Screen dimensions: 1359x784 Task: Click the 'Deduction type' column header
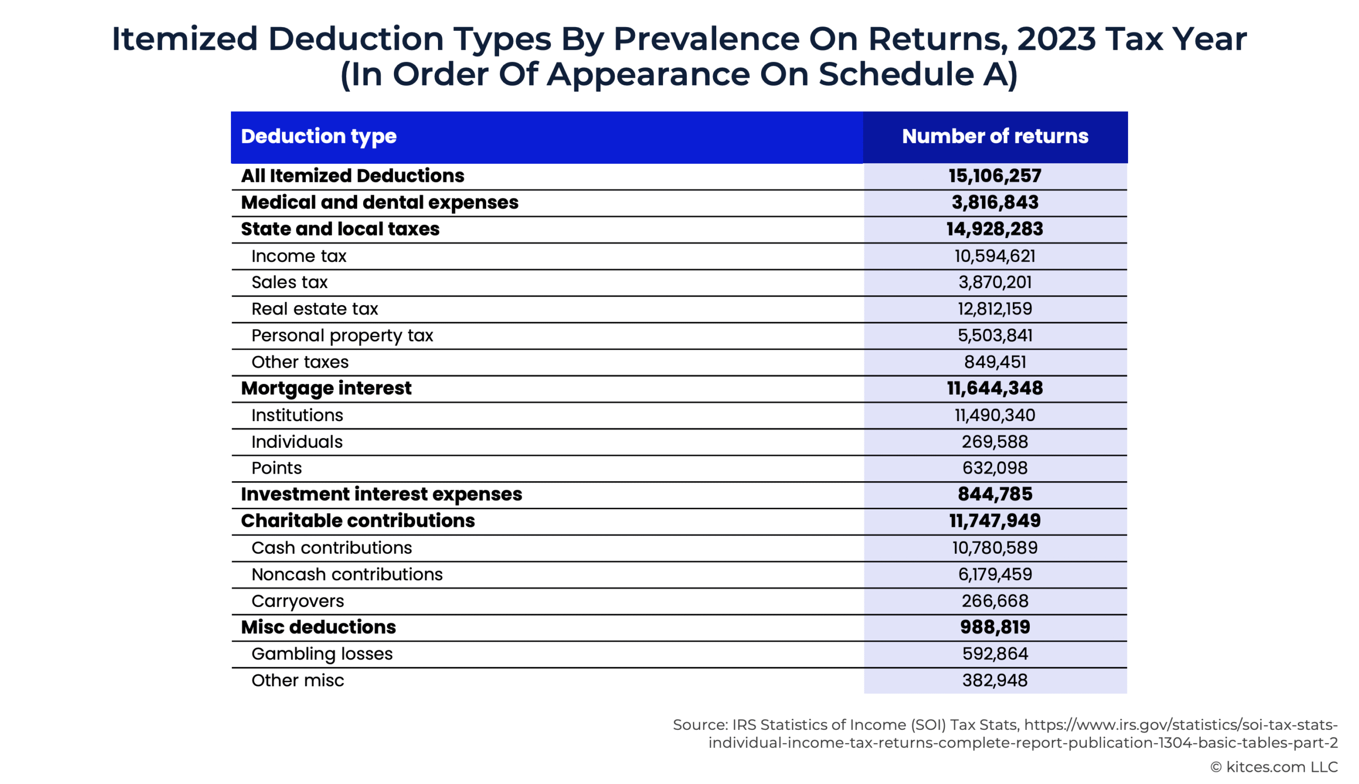pyautogui.click(x=319, y=137)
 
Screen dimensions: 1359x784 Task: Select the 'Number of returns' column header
pyautogui.click(x=995, y=136)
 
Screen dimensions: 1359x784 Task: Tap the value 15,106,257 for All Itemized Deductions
pyautogui.click(x=995, y=176)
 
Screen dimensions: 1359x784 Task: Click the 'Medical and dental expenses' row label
pyautogui.click(x=380, y=203)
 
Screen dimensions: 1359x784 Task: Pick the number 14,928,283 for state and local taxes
pyautogui.click(x=995, y=229)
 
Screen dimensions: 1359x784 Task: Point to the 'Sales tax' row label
pyautogui.click(x=289, y=282)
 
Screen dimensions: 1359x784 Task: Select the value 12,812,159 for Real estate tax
pyautogui.click(x=995, y=309)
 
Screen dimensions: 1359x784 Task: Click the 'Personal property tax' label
pyautogui.click(x=342, y=335)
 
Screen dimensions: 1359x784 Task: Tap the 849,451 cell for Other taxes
pyautogui.click(x=995, y=362)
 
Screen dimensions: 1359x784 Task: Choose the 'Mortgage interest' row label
pyautogui.click(x=326, y=388)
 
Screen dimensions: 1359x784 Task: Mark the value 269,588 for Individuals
pyautogui.click(x=995, y=441)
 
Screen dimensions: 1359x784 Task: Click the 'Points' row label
pyautogui.click(x=277, y=468)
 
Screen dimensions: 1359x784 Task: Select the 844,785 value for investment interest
pyautogui.click(x=995, y=494)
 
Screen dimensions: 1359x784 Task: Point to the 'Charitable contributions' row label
pyautogui.click(x=358, y=521)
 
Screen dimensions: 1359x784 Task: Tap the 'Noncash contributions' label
pyautogui.click(x=347, y=574)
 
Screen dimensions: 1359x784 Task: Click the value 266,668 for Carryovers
pyautogui.click(x=995, y=600)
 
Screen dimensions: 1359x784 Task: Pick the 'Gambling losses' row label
pyautogui.click(x=322, y=654)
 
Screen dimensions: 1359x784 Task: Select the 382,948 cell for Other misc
pyautogui.click(x=995, y=680)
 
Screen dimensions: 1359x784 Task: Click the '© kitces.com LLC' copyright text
pyautogui.click(x=1274, y=767)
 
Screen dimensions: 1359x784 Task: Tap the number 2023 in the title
pyautogui.click(x=1056, y=39)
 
